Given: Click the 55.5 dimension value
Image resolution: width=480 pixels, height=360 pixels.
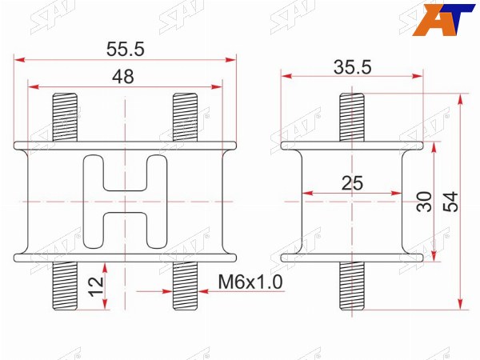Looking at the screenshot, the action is [x=126, y=49].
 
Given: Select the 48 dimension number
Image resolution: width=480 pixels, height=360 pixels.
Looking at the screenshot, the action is [x=123, y=77].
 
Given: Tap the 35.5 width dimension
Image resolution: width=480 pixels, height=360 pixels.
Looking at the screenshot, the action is [x=353, y=67].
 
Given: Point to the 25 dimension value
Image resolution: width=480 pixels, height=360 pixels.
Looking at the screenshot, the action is [x=352, y=183].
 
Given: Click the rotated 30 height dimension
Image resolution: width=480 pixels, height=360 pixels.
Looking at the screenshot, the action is [x=424, y=202].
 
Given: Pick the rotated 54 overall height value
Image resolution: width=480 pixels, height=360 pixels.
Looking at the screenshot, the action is [x=451, y=202].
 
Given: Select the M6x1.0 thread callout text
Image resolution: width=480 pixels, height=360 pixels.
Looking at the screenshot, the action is [x=250, y=282].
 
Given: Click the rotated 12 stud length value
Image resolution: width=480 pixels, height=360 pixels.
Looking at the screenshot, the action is [x=96, y=286].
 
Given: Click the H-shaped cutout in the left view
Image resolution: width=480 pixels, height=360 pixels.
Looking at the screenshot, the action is [x=126, y=202].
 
